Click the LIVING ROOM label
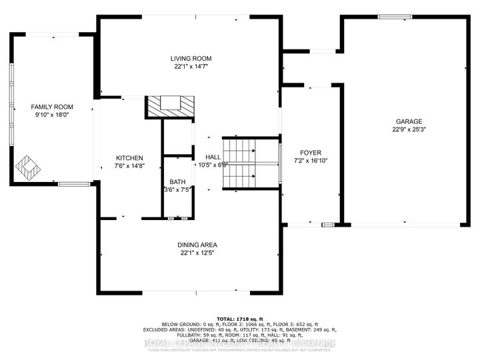188,58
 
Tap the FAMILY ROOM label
52,107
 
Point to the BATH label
177,181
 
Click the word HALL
213,157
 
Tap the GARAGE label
409,121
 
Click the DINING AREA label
195,245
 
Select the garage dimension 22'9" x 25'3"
409,131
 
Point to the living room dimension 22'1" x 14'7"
188,67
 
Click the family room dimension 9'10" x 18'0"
52,115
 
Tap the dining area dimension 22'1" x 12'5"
195,253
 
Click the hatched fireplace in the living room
171,105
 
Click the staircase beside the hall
240,163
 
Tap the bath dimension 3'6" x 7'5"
177,189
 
